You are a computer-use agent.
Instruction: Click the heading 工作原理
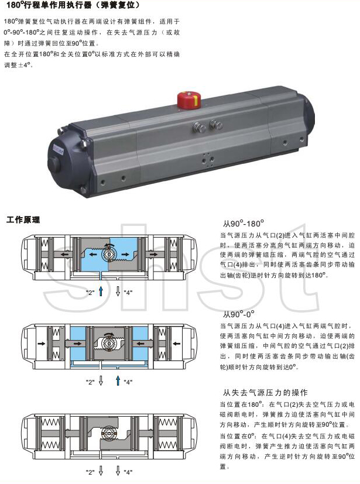(23, 220)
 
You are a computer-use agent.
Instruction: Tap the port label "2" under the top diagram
(90, 291)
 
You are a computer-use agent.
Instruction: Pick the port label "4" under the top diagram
(128, 291)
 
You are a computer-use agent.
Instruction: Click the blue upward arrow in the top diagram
(101, 290)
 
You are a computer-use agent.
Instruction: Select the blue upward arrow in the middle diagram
(118, 382)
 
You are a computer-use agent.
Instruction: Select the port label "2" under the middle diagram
(90, 382)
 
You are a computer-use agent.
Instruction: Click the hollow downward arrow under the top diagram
(118, 291)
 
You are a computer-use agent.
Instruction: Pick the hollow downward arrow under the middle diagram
(101, 381)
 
